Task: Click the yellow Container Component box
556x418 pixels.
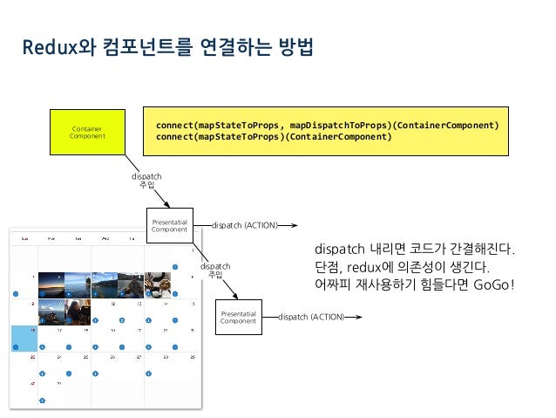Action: tap(87, 133)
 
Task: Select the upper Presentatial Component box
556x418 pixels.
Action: tap(169, 225)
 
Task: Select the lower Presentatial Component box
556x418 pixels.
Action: tap(238, 317)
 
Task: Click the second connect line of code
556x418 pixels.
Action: tap(268, 136)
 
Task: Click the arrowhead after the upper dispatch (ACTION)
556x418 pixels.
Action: tap(295, 225)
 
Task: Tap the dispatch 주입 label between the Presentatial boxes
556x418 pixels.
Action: tap(215, 270)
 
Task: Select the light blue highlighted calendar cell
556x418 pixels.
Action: tap(23, 339)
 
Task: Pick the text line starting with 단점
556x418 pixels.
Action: tap(402, 266)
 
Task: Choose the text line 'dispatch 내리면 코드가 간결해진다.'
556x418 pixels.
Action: tap(415, 250)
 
